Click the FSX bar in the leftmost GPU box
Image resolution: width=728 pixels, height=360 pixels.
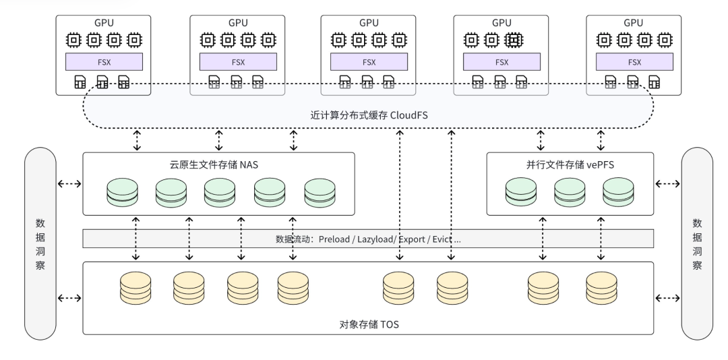[104, 62]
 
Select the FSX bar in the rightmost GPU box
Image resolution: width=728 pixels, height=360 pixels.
[635, 62]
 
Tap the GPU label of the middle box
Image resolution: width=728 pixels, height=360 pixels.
[369, 23]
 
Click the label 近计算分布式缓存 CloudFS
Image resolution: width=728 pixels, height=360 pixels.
[368, 116]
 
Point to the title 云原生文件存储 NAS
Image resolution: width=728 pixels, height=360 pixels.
[218, 164]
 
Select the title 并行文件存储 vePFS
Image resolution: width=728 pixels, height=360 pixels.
[570, 164]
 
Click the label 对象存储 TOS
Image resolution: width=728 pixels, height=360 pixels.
[369, 325]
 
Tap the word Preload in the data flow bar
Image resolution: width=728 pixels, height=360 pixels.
[334, 239]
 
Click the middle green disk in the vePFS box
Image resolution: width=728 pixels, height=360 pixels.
[570, 192]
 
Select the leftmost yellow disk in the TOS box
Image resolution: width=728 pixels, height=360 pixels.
[135, 288]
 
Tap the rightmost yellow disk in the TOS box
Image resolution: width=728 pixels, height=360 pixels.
[601, 288]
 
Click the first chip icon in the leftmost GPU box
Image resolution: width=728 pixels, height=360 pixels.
[73, 40]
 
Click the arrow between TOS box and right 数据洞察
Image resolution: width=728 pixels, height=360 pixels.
[668, 297]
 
